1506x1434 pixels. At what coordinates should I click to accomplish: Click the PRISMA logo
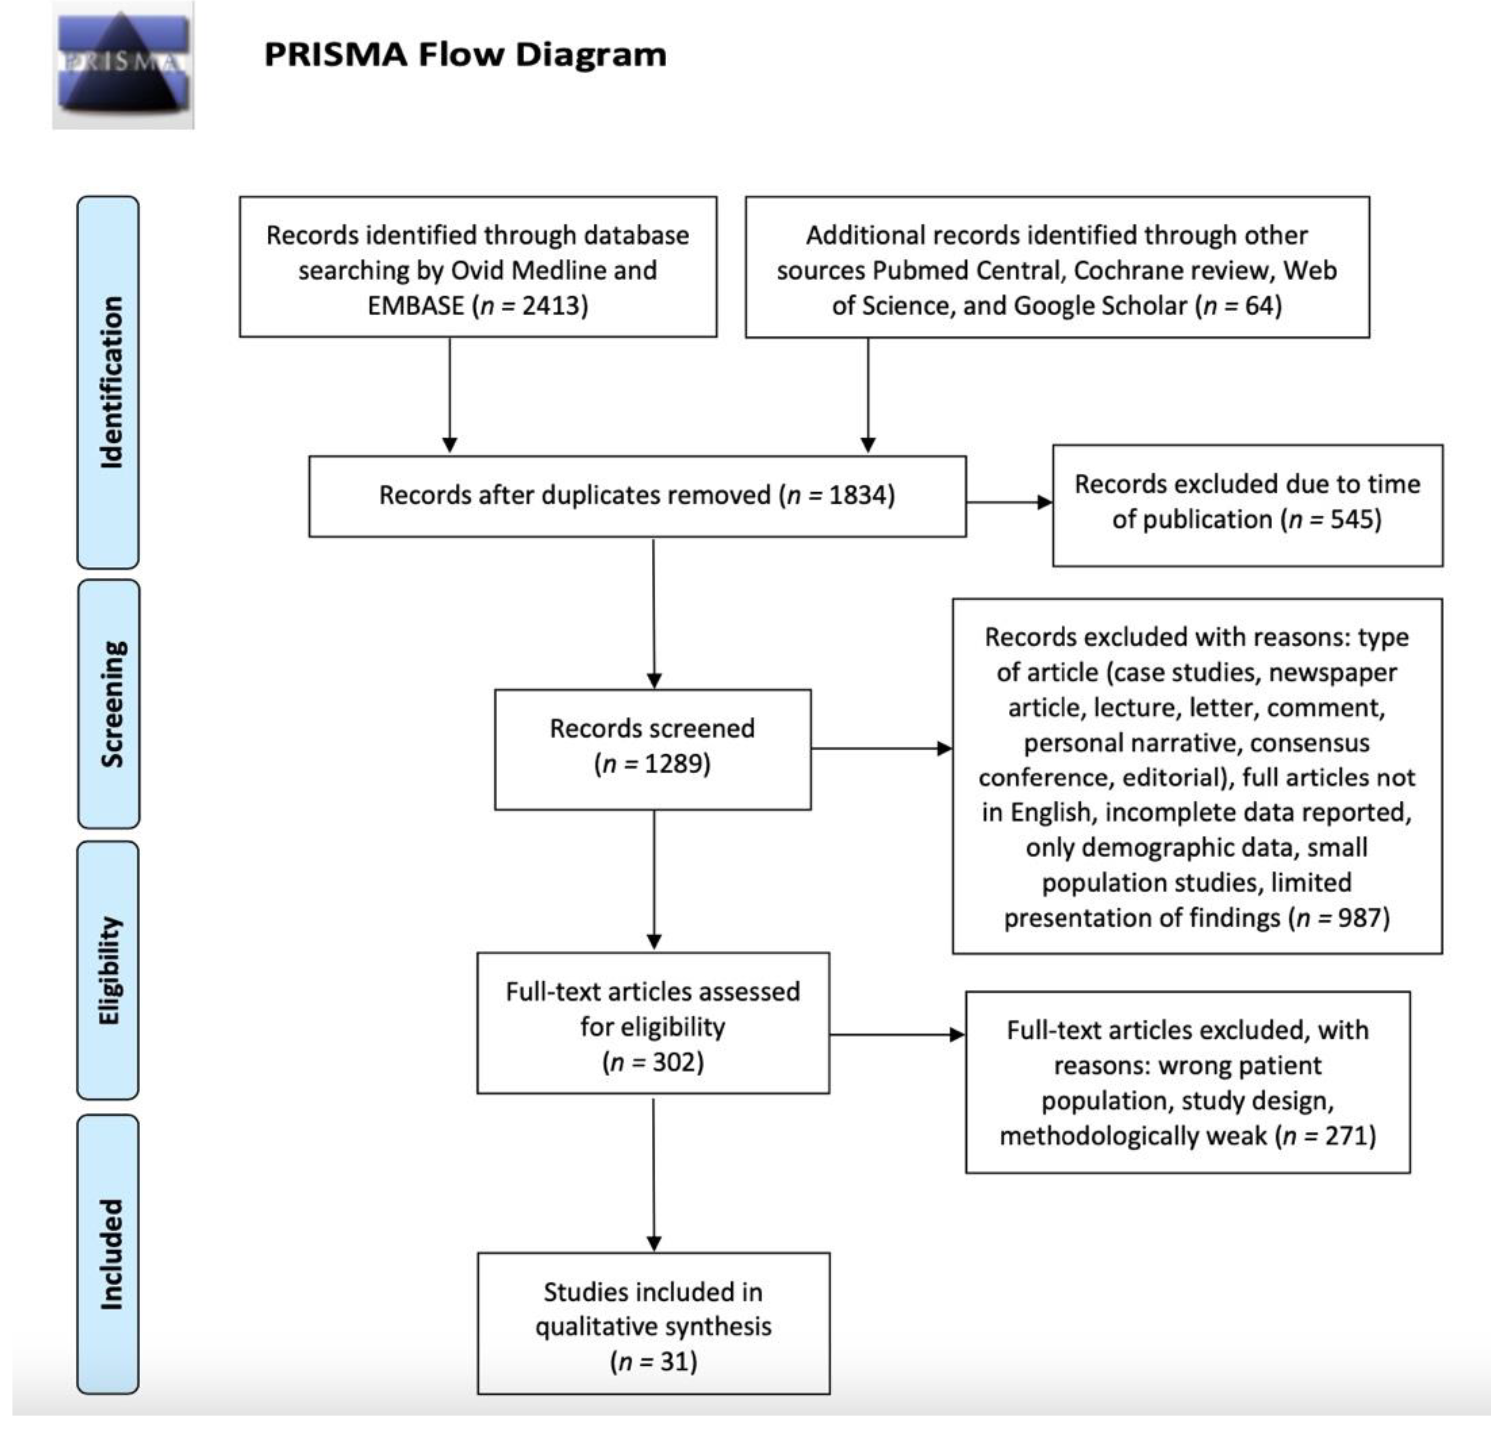(123, 65)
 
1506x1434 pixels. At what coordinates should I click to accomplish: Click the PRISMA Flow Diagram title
(465, 55)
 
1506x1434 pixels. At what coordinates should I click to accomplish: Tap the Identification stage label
(109, 382)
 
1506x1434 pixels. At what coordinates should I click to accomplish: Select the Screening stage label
(110, 703)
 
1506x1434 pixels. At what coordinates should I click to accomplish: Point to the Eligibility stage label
(109, 971)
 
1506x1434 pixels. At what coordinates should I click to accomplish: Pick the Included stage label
(109, 1254)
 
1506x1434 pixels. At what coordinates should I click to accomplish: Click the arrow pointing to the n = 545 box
(1009, 502)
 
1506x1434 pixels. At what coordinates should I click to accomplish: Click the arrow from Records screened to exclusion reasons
(882, 748)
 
